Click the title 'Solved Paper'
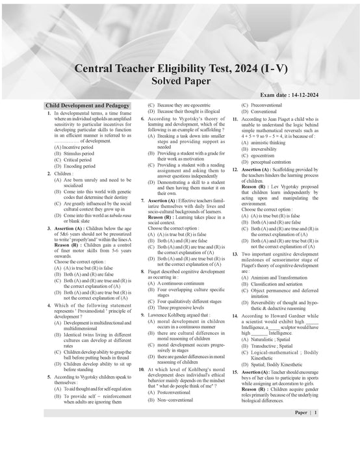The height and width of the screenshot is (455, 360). [180, 81]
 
